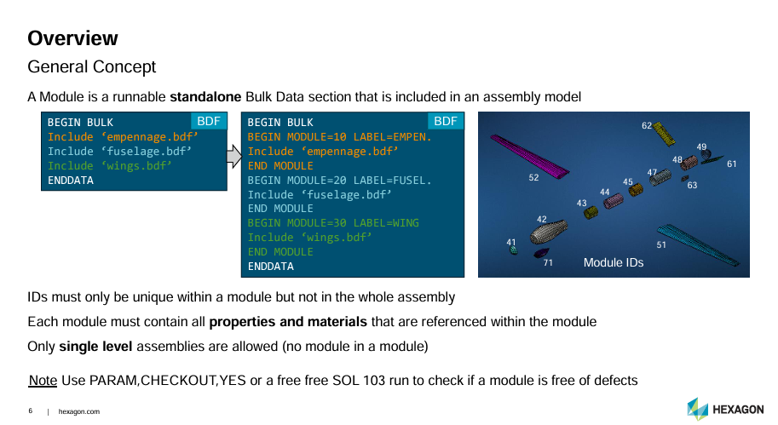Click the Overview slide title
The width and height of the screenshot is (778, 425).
pyautogui.click(x=72, y=38)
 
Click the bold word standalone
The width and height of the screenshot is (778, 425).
pyautogui.click(x=205, y=97)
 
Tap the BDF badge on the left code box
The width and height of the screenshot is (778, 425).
pyautogui.click(x=209, y=122)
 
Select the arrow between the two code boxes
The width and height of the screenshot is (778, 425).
pyautogui.click(x=233, y=156)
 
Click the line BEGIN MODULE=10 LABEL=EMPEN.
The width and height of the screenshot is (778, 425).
pyautogui.click(x=339, y=137)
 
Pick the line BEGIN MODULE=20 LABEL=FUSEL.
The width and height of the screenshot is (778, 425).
pyautogui.click(x=339, y=181)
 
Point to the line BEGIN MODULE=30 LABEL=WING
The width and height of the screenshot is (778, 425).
pyautogui.click(x=333, y=223)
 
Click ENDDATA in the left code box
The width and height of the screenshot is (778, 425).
pyautogui.click(x=71, y=181)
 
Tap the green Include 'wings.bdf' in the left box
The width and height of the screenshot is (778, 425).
pyautogui.click(x=110, y=165)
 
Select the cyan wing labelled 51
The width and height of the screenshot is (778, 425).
pyautogui.click(x=697, y=244)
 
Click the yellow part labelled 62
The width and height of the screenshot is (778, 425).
pyautogui.click(x=665, y=134)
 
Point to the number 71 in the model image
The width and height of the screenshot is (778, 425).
pyautogui.click(x=548, y=263)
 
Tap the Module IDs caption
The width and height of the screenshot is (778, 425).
pyautogui.click(x=614, y=263)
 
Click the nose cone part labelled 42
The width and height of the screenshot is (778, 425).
pyautogui.click(x=548, y=232)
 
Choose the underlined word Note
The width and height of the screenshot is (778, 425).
pyautogui.click(x=43, y=381)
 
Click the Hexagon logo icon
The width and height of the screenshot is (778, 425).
pyautogui.click(x=698, y=409)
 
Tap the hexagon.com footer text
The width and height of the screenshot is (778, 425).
pyautogui.click(x=79, y=411)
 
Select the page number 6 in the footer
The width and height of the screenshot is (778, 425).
pyautogui.click(x=31, y=411)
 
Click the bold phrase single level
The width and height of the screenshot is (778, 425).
pyautogui.click(x=95, y=346)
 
